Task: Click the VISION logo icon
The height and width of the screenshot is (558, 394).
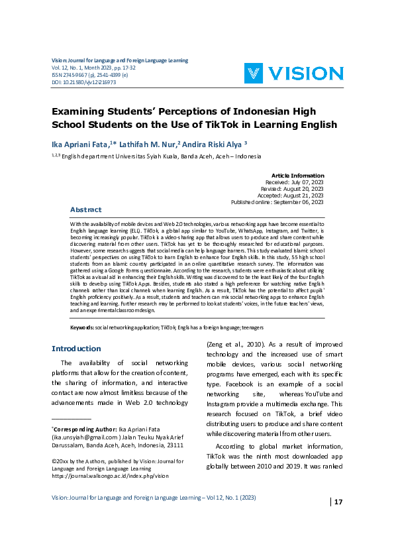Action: pos(256,73)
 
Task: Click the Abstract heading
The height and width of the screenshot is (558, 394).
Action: pos(86,209)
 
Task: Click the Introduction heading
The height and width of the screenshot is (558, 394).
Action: pos(76,349)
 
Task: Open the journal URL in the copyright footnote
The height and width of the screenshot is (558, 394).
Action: pos(110,475)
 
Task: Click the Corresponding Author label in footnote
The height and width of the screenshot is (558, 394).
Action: pos(79,429)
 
